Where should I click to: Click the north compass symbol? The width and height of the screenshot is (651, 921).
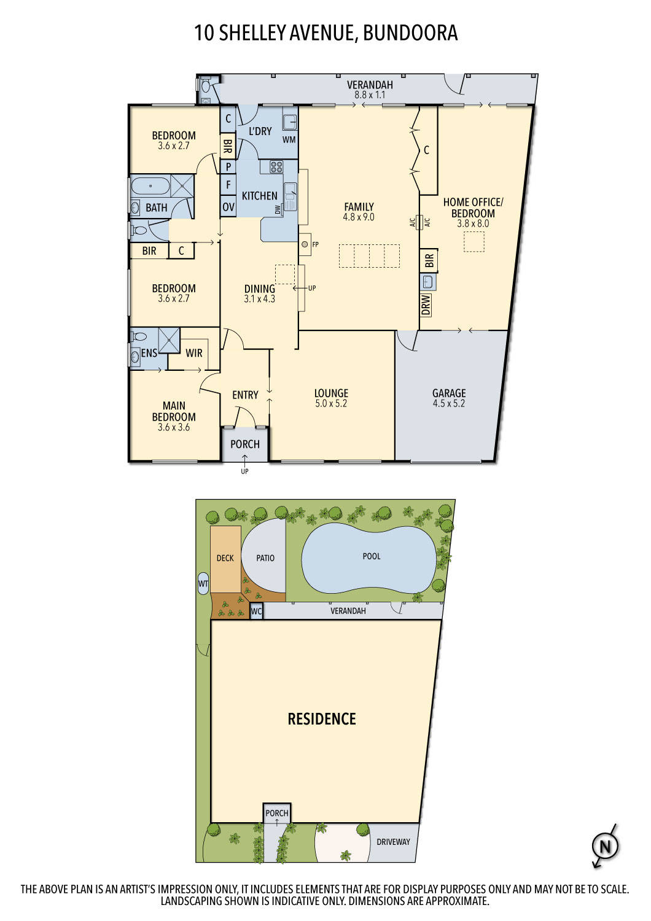(x=605, y=847)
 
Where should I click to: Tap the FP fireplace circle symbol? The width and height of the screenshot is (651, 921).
(x=305, y=244)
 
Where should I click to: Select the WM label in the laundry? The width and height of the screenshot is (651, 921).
(x=289, y=139)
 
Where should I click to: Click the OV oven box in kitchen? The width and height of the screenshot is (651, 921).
(x=228, y=207)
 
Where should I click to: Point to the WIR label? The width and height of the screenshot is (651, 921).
(x=194, y=353)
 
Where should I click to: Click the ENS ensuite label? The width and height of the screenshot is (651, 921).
(x=149, y=353)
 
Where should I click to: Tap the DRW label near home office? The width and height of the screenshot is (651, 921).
(x=426, y=305)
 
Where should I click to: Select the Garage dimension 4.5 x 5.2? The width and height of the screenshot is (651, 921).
(x=449, y=403)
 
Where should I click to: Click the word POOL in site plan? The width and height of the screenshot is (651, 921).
(x=372, y=556)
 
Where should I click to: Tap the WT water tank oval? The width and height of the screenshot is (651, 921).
(x=203, y=583)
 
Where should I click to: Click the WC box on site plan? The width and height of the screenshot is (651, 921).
(x=257, y=612)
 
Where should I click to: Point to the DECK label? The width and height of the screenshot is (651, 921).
(x=225, y=558)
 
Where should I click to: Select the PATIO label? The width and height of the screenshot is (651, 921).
(x=265, y=558)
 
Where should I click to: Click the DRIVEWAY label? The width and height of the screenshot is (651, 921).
(x=393, y=842)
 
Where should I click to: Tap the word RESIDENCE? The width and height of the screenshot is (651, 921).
(x=322, y=719)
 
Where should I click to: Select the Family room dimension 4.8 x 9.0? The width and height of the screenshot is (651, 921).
(x=359, y=217)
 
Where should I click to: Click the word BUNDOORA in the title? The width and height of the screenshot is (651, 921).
(x=410, y=33)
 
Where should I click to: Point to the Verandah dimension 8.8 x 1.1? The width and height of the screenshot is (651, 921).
(x=370, y=95)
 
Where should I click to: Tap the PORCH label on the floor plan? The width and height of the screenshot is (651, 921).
(x=245, y=444)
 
